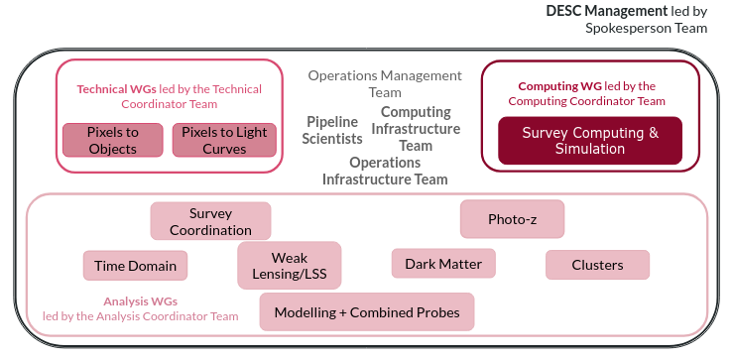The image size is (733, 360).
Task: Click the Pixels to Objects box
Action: click(x=112, y=140)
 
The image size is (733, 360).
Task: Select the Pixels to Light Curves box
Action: click(x=224, y=140)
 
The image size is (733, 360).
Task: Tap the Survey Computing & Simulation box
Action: click(x=589, y=141)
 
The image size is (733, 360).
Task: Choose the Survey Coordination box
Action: click(x=210, y=221)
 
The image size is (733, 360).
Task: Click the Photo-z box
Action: click(x=512, y=219)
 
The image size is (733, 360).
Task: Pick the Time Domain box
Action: click(x=136, y=266)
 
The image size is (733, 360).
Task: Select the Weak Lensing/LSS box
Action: click(x=290, y=266)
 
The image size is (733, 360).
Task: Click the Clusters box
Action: click(x=597, y=265)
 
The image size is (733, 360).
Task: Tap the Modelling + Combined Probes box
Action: click(x=367, y=312)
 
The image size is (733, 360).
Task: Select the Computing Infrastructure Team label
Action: click(x=416, y=129)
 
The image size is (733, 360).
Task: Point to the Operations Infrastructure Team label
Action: click(x=385, y=171)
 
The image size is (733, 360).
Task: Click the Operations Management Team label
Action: click(x=385, y=83)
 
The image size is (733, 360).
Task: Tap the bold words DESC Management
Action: click(x=608, y=11)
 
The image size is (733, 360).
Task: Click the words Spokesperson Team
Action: click(x=647, y=28)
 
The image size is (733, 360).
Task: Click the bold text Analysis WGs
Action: click(x=140, y=301)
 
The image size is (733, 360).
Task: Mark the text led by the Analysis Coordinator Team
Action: click(x=140, y=316)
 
